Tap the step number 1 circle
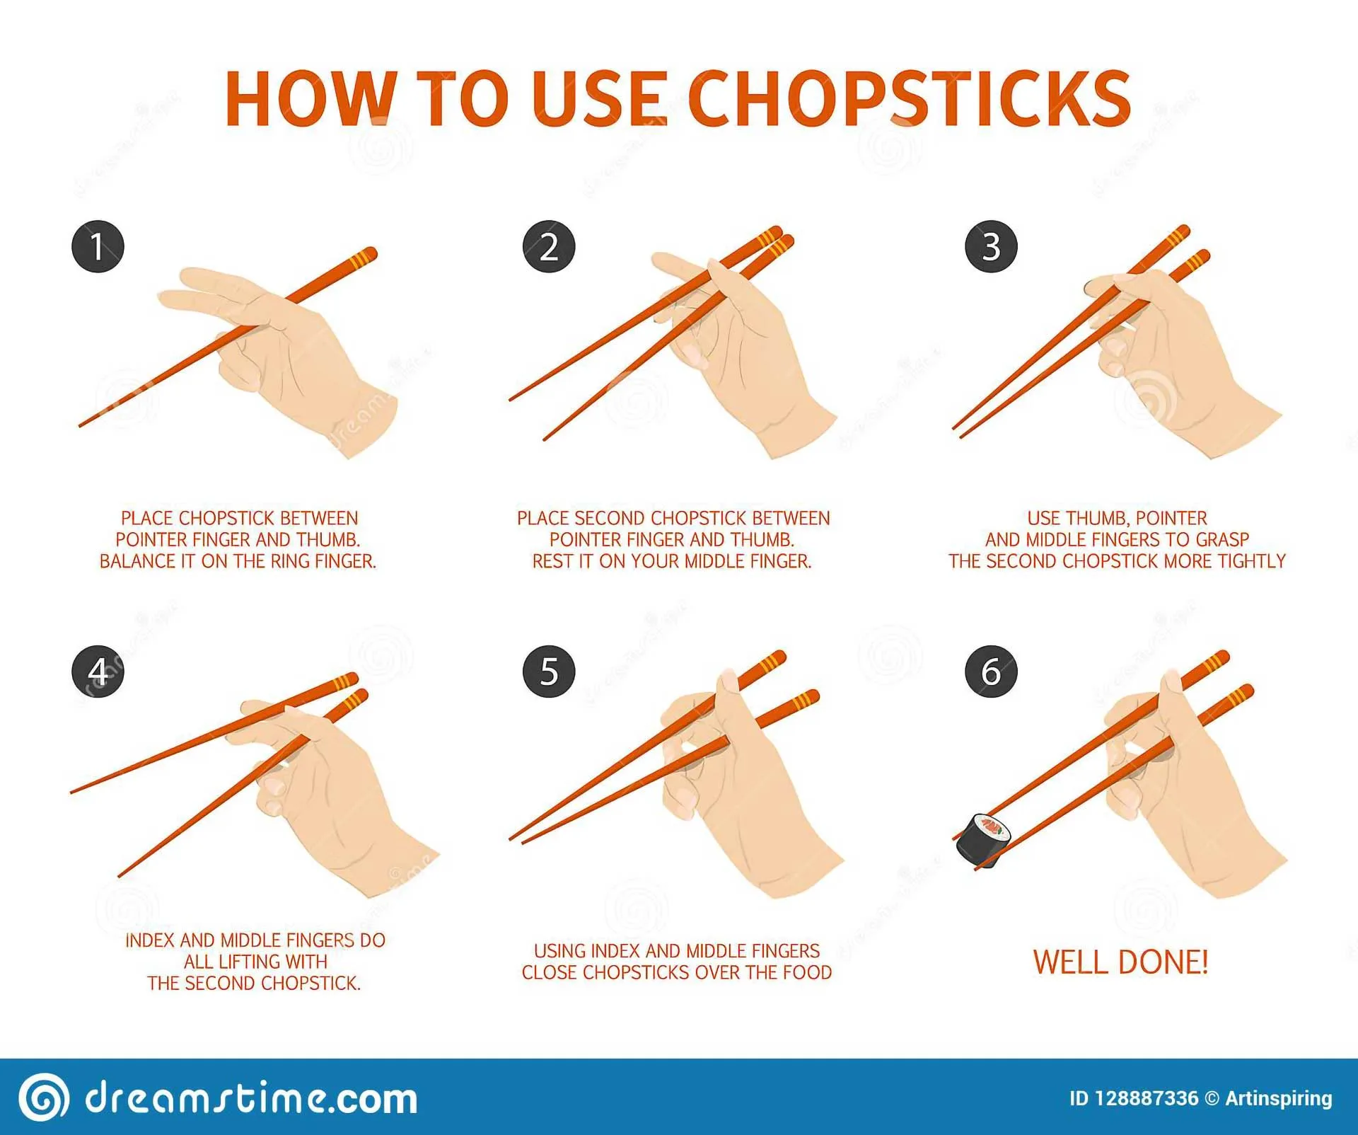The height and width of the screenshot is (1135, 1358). tap(98, 247)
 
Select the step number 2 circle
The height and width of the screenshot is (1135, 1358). tap(549, 247)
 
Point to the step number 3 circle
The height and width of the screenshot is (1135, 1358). tap(991, 247)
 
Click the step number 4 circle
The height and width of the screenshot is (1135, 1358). tap(98, 672)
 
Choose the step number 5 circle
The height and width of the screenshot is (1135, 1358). tap(549, 672)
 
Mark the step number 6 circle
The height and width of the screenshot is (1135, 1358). tap(991, 672)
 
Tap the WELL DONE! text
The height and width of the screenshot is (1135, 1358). tap(1120, 962)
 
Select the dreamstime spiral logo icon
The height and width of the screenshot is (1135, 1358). tap(44, 1097)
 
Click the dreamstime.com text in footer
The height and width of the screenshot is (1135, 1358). tap(251, 1098)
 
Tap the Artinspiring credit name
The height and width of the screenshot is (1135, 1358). tap(1278, 1098)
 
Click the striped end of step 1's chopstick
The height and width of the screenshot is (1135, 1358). tap(361, 258)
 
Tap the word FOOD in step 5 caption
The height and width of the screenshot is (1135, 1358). tap(807, 972)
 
